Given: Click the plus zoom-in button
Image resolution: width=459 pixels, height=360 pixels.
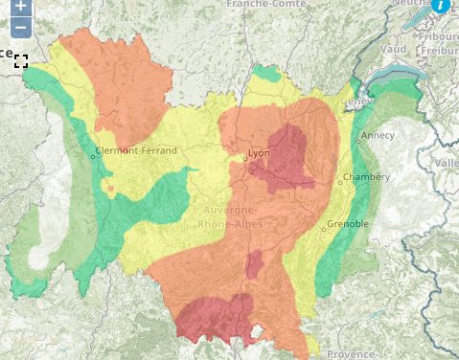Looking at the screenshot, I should coord(21,5).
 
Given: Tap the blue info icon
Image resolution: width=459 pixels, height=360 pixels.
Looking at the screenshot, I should coord(440,4).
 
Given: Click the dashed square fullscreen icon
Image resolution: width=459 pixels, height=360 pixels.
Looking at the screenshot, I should coord(21,61).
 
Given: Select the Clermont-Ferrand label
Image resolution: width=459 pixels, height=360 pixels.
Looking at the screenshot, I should coord(137,151).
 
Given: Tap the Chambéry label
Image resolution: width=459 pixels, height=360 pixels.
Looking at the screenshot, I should coord(370,177).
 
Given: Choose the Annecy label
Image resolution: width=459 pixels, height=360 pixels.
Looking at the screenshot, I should coord(379,135).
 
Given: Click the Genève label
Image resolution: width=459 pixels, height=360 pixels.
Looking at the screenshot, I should coord(358,101).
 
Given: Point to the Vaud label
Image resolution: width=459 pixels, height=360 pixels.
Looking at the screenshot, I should coord(393,49).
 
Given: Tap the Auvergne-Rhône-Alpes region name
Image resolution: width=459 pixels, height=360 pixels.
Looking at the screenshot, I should coord(229,215).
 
